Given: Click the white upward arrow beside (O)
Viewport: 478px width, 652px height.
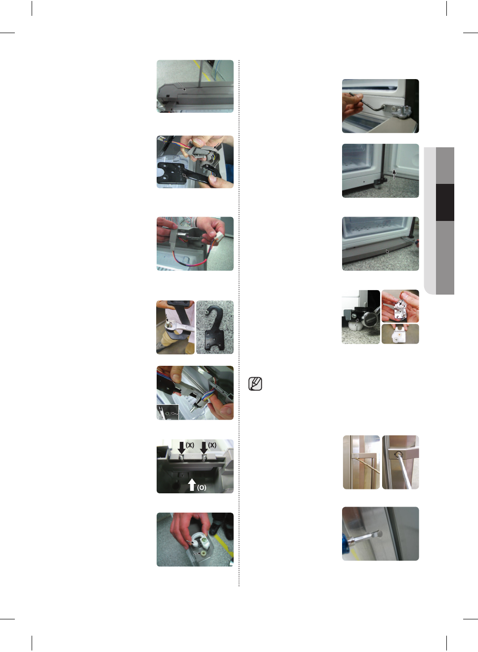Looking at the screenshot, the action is (x=192, y=484).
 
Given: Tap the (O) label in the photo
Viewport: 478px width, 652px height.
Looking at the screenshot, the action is (x=202, y=487).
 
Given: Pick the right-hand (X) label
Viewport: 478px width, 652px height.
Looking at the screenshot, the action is (x=212, y=445).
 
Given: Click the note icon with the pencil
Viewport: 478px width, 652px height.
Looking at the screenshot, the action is (x=255, y=384).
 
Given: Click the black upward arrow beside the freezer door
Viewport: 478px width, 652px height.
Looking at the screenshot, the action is (x=394, y=174).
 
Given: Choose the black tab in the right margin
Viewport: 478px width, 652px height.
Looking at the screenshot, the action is (x=445, y=202).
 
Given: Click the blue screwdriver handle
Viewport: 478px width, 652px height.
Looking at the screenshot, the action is (x=347, y=547).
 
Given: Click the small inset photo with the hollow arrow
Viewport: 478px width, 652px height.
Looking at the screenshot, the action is (x=168, y=412).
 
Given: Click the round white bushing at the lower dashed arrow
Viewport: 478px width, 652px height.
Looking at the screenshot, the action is (x=203, y=553).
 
